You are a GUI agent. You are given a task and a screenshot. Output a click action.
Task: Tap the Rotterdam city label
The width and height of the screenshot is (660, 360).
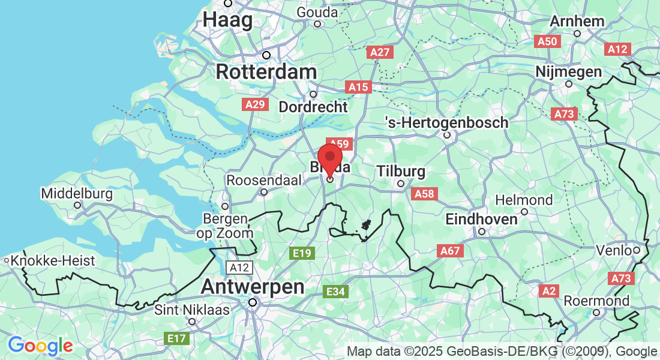pyautogui.click(x=266, y=72)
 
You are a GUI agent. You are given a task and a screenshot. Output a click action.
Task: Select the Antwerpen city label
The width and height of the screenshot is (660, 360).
pyautogui.click(x=252, y=287)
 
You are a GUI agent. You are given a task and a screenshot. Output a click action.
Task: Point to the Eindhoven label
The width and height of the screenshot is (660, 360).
pyautogui.click(x=481, y=220)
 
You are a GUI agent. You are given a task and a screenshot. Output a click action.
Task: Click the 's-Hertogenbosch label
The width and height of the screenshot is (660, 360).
pyautogui.click(x=446, y=122)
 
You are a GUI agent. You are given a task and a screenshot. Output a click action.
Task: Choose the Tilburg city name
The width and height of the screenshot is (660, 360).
pyautogui.click(x=401, y=172)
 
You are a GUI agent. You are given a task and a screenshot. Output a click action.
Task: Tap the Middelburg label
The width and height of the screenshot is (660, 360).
pyautogui.click(x=77, y=194)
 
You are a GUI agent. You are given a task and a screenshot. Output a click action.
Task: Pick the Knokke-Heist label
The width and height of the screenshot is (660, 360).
pyautogui.click(x=53, y=261)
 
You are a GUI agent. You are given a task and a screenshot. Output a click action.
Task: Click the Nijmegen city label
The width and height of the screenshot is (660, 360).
pyautogui.click(x=568, y=72)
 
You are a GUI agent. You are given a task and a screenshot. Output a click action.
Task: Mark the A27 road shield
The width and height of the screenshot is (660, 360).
pyautogui.click(x=380, y=52)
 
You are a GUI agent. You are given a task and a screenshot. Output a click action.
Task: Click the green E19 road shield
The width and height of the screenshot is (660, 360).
pyautogui.click(x=301, y=253)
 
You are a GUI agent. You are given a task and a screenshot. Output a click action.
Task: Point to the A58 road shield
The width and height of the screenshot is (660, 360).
pyautogui.click(x=424, y=194)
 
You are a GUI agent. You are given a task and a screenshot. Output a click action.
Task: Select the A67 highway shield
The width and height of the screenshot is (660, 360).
pyautogui.click(x=451, y=251)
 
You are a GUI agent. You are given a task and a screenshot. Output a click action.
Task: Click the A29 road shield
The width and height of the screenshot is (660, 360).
pyautogui.click(x=255, y=104)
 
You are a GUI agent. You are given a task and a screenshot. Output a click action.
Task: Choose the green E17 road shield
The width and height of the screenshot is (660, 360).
pyautogui.click(x=176, y=339)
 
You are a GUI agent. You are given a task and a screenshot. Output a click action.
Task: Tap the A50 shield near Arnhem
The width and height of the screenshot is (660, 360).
pyautogui.click(x=547, y=41)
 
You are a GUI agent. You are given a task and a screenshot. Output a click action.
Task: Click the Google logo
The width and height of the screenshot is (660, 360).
pyautogui.click(x=40, y=346)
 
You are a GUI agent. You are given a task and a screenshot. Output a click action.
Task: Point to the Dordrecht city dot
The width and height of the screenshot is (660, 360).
pyautogui.click(x=313, y=94)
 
